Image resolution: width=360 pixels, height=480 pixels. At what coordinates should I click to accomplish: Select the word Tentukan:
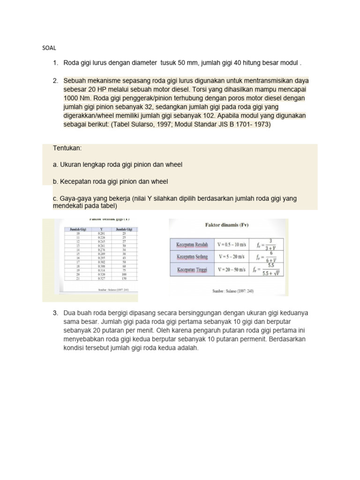pyautogui.click(x=68, y=148)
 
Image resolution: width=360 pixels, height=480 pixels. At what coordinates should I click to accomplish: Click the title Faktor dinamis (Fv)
pyautogui.click(x=227, y=225)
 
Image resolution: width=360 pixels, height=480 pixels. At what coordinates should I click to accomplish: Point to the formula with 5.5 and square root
pyautogui.click(x=270, y=270)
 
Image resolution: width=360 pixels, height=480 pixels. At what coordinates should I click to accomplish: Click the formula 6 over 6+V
pyautogui.click(x=270, y=257)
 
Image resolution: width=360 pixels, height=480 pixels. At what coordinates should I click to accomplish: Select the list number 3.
pyautogui.click(x=55, y=313)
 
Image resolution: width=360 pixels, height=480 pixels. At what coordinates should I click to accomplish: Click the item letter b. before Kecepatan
pyautogui.click(x=56, y=181)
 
